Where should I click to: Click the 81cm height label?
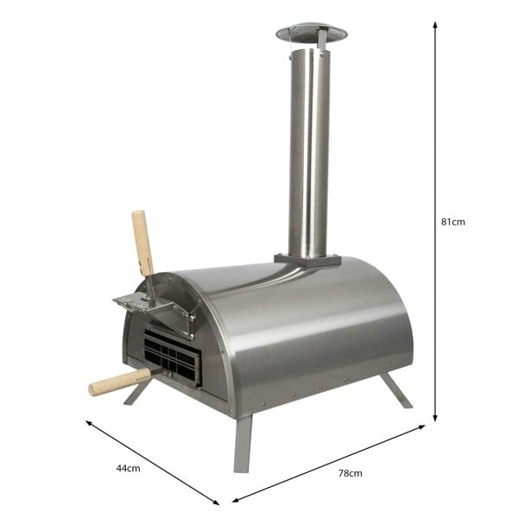[x=452, y=222]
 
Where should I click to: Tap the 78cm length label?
[x=350, y=473]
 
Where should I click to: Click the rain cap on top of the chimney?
[x=311, y=34]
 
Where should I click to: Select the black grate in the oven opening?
[x=171, y=357]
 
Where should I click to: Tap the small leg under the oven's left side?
[x=137, y=393]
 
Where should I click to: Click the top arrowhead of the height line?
[x=435, y=25]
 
